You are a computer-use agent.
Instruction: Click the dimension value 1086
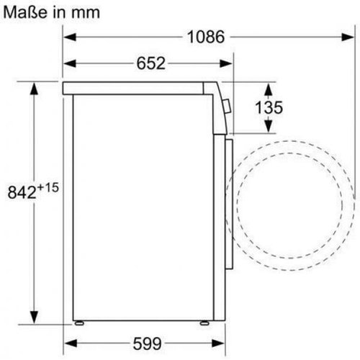pyautogui.click(x=206, y=37)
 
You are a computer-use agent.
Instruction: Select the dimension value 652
pyautogui.click(x=151, y=63)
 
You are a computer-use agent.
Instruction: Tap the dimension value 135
pyautogui.click(x=269, y=107)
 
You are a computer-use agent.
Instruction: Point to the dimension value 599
pyautogui.click(x=147, y=343)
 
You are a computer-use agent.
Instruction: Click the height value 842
pyautogui.click(x=22, y=192)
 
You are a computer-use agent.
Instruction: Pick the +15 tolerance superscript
pyautogui.click(x=48, y=188)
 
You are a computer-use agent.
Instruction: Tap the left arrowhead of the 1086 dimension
pyautogui.click(x=70, y=37)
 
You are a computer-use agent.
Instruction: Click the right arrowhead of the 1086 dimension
pyautogui.click(x=347, y=37)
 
